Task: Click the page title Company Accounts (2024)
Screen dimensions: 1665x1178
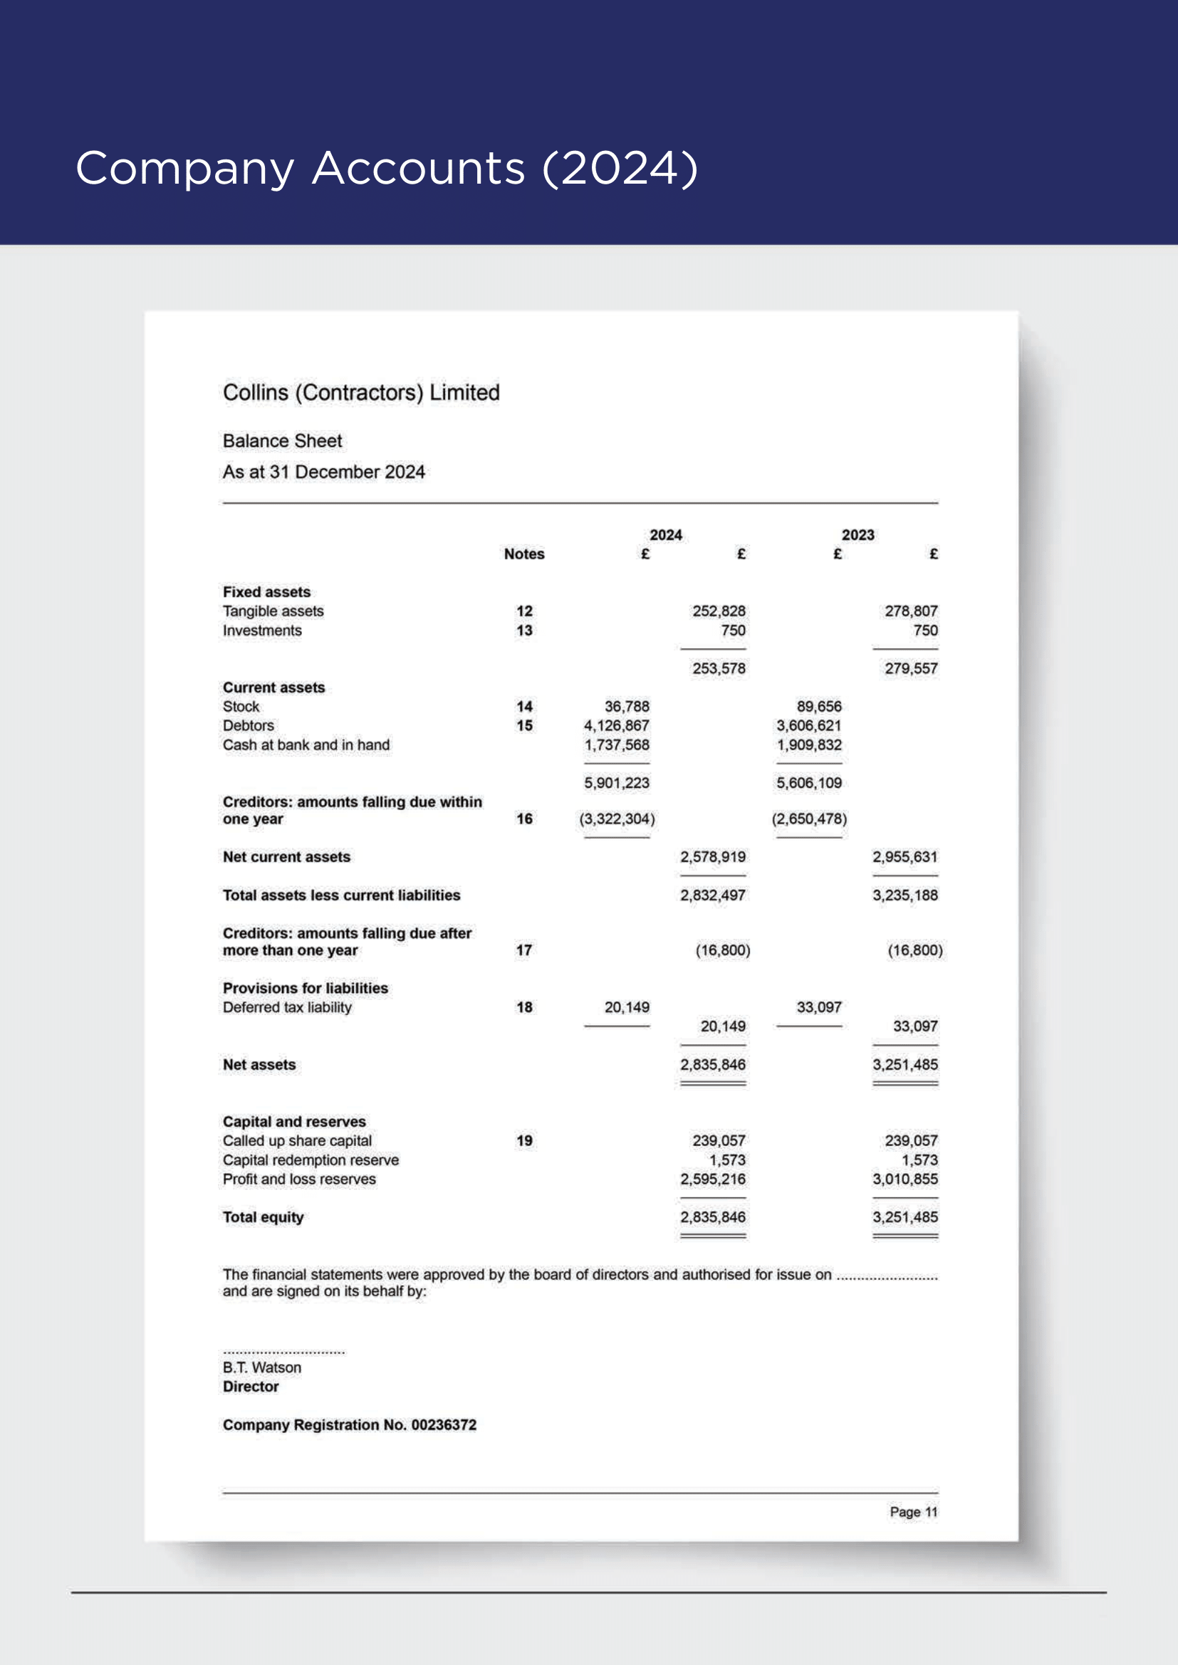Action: click(387, 168)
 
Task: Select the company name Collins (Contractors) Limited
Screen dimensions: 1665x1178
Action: click(361, 392)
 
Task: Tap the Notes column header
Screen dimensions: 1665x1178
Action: click(523, 554)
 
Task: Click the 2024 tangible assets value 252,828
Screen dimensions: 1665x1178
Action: click(718, 611)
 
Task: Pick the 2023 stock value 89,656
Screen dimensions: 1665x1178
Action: click(819, 706)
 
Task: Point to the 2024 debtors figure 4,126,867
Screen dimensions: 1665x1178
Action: click(617, 726)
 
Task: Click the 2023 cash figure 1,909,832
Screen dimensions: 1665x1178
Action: click(809, 745)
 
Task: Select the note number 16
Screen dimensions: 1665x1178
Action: click(523, 819)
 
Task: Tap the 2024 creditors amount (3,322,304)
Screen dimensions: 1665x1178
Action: click(617, 819)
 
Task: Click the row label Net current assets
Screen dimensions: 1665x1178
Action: click(286, 857)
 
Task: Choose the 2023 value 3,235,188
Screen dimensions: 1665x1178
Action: click(905, 895)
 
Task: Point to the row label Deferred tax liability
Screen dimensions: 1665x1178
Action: click(287, 1007)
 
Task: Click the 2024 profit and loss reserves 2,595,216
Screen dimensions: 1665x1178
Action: click(712, 1179)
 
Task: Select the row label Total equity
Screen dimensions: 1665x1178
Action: click(264, 1217)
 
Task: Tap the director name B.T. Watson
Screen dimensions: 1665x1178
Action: click(262, 1367)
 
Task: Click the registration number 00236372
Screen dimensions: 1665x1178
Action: click(444, 1425)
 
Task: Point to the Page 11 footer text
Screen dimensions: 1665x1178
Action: click(913, 1512)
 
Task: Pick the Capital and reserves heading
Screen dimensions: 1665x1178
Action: click(295, 1122)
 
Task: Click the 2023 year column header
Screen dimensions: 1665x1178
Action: click(858, 535)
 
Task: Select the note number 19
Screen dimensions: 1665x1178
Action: click(523, 1140)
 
